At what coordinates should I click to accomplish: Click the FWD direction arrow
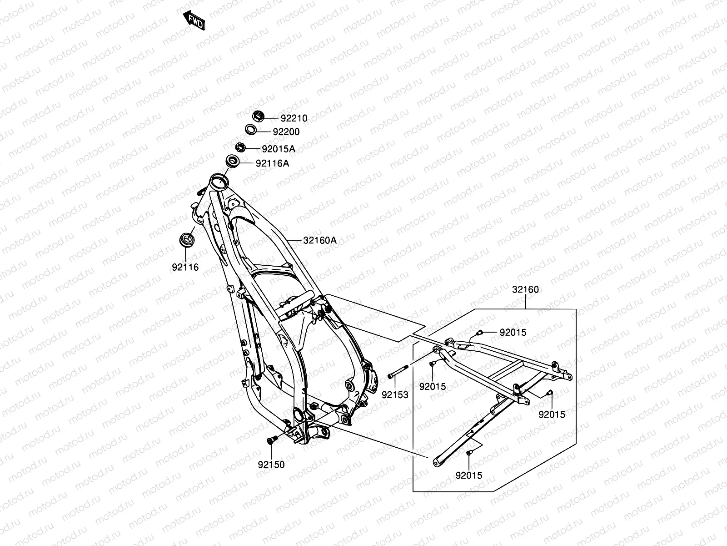(194, 20)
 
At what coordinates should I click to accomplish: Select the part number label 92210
(294, 118)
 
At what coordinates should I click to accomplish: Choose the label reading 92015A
(279, 149)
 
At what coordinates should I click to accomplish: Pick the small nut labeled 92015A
(240, 147)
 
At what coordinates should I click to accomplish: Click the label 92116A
(272, 163)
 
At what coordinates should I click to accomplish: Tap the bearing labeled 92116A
(233, 161)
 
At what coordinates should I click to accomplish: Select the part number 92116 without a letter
(185, 268)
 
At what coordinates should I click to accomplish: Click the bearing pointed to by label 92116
(186, 239)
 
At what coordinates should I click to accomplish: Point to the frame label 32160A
(320, 240)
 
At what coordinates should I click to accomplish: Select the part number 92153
(395, 395)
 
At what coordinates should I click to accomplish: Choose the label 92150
(271, 465)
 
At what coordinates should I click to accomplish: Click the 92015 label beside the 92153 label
(433, 387)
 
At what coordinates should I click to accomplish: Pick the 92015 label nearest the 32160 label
(513, 333)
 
